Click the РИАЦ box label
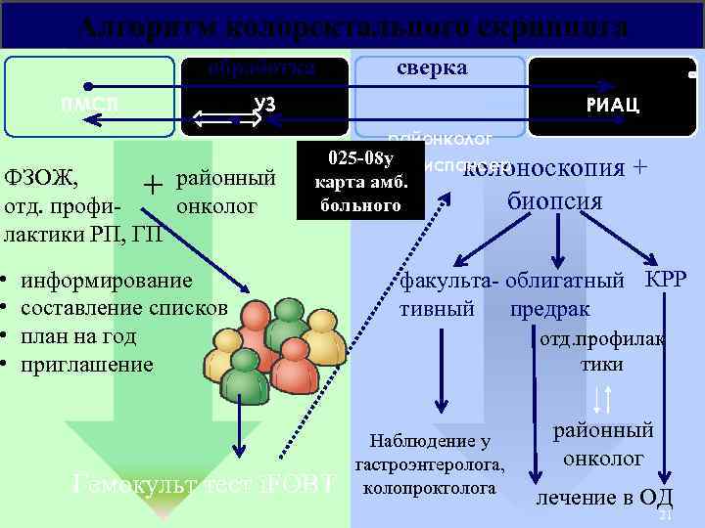[x=613, y=106]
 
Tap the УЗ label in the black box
[x=263, y=105]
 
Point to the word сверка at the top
[x=432, y=67]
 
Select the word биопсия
[x=554, y=202]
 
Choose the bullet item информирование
[x=107, y=280]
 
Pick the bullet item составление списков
[x=124, y=308]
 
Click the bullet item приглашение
[x=87, y=365]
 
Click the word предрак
[x=549, y=309]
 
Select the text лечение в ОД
[x=603, y=497]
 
